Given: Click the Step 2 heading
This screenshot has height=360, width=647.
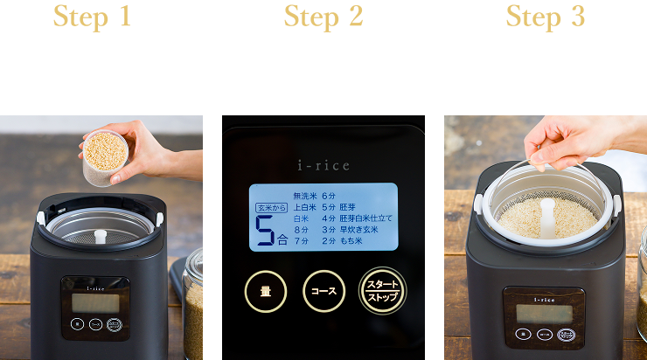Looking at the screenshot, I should click(323, 17).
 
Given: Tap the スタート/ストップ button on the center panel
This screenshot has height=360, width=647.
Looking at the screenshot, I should click(380, 291).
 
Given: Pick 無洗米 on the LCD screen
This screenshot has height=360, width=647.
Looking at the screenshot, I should click(304, 197).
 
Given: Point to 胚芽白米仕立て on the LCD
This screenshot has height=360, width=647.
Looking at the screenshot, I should click(365, 218).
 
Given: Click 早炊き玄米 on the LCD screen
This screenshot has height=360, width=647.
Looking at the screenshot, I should click(359, 229).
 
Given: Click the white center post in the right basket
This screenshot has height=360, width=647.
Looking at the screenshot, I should click(547, 215).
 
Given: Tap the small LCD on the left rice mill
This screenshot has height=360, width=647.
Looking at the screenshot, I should click(94, 302).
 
